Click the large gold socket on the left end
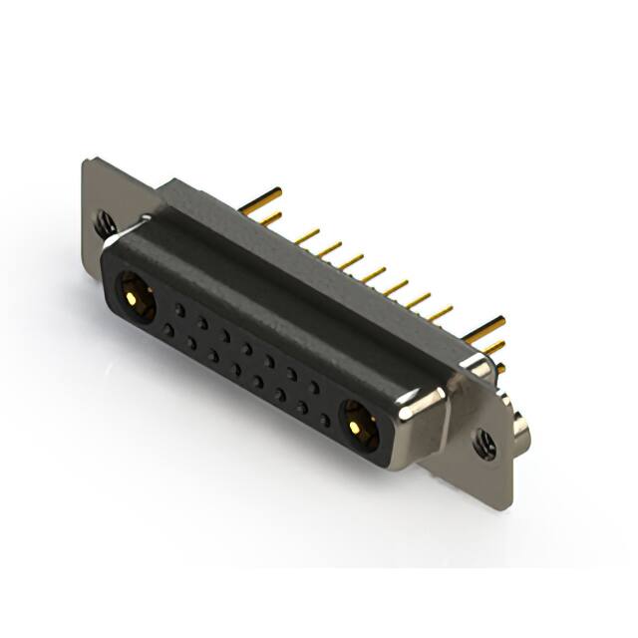click(x=133, y=296)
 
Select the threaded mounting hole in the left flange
click(x=105, y=222)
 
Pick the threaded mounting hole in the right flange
click(x=484, y=443)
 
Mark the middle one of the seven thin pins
click(x=374, y=272)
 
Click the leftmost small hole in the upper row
click(x=179, y=310)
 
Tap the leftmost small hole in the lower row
click(x=168, y=330)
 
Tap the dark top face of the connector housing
click(x=299, y=269)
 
